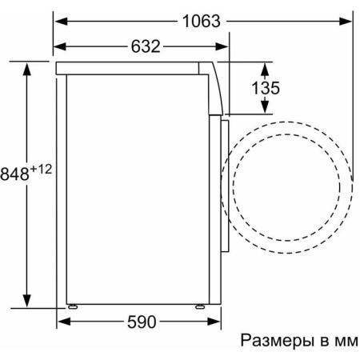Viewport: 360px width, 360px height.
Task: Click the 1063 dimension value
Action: pos(202,21)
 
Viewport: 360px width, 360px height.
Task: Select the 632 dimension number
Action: pos(146,46)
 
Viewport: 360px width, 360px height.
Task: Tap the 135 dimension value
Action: pos(266,88)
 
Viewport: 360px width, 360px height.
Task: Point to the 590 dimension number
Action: pos(142,322)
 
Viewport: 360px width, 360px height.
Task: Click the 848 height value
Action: pos(14,174)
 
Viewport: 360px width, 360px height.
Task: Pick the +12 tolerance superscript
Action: pos(41,169)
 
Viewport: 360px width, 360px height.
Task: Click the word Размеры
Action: pos(278,341)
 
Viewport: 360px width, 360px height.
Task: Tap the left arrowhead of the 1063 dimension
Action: pos(61,22)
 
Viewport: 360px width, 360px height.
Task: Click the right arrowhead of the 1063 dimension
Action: pos(346,22)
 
